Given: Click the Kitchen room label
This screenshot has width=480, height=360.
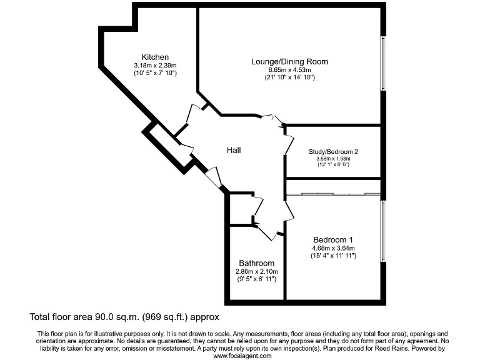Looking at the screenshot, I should pos(155,57).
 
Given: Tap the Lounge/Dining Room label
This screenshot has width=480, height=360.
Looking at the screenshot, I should pos(289,61).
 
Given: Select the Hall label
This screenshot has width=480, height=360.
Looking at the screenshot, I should pos(234,150).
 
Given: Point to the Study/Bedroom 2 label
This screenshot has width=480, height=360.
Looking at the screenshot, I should pos(333,151).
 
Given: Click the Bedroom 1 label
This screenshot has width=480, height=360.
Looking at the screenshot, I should pos(333,240).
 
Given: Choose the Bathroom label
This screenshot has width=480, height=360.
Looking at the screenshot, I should pos(256,263).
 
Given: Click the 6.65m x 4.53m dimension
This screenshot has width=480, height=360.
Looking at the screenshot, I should pos(289,69).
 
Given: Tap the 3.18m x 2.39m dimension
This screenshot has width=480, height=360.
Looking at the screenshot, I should pos(155,65).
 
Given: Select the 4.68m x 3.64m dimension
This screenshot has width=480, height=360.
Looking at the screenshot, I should pos(333,248).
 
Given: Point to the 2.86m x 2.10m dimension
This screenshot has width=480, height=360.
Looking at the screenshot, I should pos(256,271).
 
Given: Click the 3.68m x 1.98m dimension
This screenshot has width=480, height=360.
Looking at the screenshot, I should pos(333,159).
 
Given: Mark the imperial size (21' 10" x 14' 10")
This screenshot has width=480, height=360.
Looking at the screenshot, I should pos(289,77).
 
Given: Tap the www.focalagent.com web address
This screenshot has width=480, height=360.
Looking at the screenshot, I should pos(242,356).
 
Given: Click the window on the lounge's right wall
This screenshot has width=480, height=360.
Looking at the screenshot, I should pos(383,63).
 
